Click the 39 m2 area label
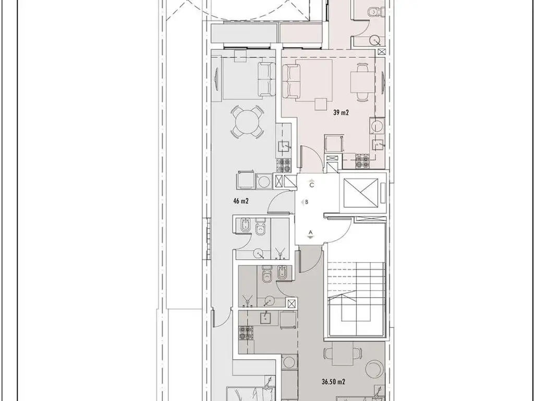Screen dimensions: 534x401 [x=341, y=113]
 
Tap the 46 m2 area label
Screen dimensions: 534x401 [x=241, y=201]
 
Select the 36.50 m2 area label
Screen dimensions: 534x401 [x=333, y=382]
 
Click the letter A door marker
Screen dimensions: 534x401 [x=310, y=232]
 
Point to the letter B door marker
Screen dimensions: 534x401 [x=307, y=202]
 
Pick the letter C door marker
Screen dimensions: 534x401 [x=312, y=185]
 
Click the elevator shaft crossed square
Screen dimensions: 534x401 [x=361, y=193]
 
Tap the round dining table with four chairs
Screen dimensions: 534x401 [x=248, y=122]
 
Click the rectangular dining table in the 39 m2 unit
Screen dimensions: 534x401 [x=363, y=82]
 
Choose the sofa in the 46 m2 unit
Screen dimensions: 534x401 [x=266, y=79]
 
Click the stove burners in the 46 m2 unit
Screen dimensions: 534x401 [x=283, y=166]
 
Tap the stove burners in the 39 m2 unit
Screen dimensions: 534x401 [x=363, y=161]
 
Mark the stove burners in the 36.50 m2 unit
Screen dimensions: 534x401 [x=246, y=333]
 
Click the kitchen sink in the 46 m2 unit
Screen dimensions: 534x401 [x=283, y=146]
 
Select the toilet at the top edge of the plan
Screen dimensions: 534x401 [x=374, y=11]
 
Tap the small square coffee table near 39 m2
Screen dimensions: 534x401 [x=321, y=104]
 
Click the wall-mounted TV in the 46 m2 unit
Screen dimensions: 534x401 [x=216, y=79]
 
